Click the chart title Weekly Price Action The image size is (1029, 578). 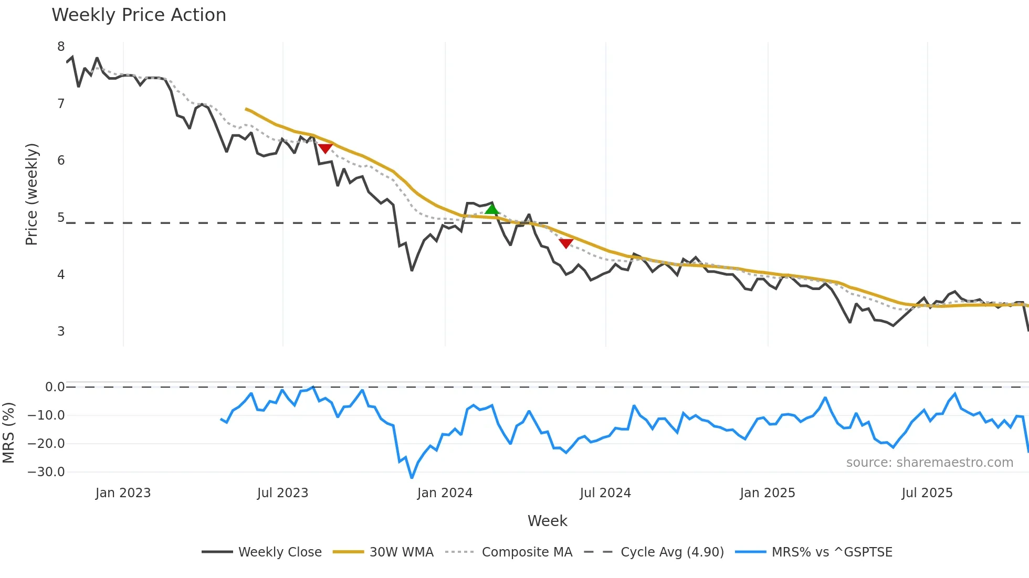coord(139,15)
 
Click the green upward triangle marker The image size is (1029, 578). coord(492,210)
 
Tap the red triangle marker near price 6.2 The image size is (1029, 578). coord(325,148)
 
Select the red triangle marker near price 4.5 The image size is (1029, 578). coord(566,243)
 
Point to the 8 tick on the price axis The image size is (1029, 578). coord(61,47)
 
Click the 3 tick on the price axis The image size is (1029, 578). coord(61,331)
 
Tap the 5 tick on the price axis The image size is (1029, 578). coord(61,218)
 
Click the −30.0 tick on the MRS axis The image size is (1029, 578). coord(46,472)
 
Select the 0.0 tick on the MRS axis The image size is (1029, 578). coord(55,387)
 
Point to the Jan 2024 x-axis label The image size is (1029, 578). coord(445,493)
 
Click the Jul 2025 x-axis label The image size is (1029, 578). coord(927,493)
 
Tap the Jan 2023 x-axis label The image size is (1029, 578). coord(123,493)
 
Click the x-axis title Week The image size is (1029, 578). coord(547,521)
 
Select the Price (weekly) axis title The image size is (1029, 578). coord(31,194)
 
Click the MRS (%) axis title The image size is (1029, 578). coord(8,433)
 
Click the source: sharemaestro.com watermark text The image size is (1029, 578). coord(929,463)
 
